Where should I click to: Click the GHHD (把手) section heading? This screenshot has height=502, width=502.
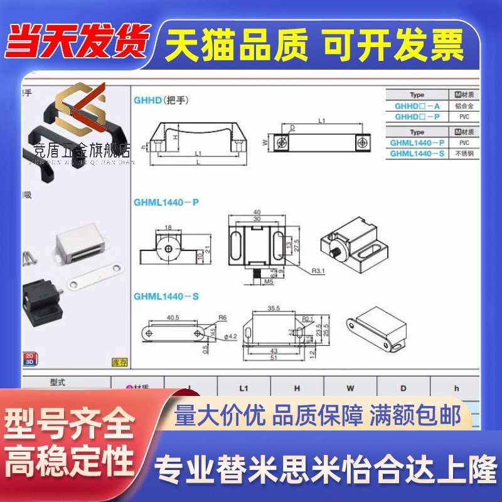pyautogui.click(x=161, y=100)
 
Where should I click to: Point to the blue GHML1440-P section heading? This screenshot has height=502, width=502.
pyautogui.click(x=166, y=202)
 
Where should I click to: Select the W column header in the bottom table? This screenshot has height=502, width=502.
pyautogui.click(x=350, y=388)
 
